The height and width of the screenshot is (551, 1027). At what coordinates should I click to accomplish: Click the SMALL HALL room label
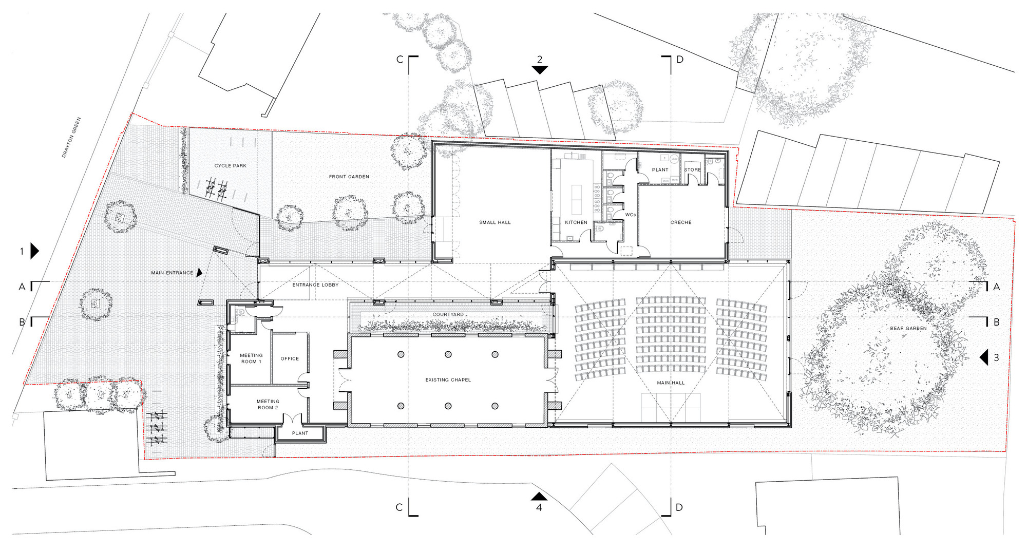click(x=495, y=222)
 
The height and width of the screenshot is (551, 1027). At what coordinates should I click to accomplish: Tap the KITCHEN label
click(x=576, y=222)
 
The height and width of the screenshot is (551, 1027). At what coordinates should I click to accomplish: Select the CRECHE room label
click(x=681, y=222)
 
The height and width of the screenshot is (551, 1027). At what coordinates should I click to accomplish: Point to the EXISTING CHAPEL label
click(x=448, y=380)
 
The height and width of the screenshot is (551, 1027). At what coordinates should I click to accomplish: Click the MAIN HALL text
click(x=671, y=383)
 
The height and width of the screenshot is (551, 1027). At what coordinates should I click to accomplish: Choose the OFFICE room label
click(x=290, y=359)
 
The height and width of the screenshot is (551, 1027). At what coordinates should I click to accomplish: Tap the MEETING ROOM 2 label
click(x=268, y=405)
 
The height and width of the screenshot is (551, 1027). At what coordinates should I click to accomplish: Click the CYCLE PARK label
click(x=230, y=166)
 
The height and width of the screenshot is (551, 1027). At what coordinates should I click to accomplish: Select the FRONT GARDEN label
click(x=349, y=177)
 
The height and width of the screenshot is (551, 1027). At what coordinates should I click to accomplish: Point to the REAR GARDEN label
click(x=908, y=328)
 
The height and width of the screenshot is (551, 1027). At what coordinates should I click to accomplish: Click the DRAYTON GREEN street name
click(x=71, y=137)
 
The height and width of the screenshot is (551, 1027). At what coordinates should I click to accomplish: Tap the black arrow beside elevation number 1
click(x=34, y=251)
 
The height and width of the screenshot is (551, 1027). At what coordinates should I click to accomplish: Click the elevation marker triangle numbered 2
click(x=539, y=70)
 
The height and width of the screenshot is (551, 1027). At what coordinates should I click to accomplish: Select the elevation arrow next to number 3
click(x=984, y=357)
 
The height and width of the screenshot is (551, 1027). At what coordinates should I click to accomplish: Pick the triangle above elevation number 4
click(x=539, y=496)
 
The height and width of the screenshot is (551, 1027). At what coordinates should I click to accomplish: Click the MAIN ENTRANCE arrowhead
click(x=199, y=273)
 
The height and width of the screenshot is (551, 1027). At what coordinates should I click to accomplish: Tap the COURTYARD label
click(x=448, y=314)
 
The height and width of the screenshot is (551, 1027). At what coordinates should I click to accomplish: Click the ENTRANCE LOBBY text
click(x=315, y=285)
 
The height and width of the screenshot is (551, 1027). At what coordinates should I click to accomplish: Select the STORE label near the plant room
click(x=692, y=170)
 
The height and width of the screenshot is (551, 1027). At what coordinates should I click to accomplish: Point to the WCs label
click(x=630, y=215)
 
